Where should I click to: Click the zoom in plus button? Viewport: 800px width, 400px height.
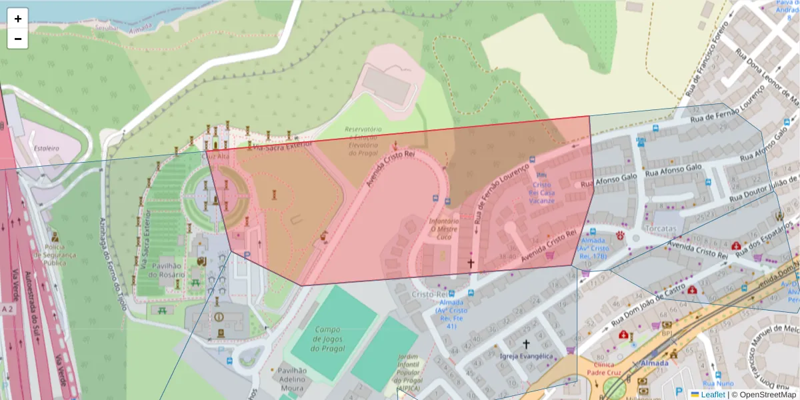pyautogui.click(x=18, y=19)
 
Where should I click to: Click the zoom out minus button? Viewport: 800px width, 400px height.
pyautogui.click(x=18, y=39)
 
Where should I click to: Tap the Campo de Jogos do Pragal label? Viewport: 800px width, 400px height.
pyautogui.click(x=327, y=339)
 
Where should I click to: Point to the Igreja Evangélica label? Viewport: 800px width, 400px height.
pyautogui.click(x=526, y=356)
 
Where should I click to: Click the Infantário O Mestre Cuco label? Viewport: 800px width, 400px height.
pyautogui.click(x=444, y=229)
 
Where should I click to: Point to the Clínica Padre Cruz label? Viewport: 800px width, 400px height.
pyautogui.click(x=605, y=369)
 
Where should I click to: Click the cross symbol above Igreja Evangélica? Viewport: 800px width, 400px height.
pyautogui.click(x=526, y=344)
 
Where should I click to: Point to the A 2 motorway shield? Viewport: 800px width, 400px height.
pyautogui.click(x=7, y=309)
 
